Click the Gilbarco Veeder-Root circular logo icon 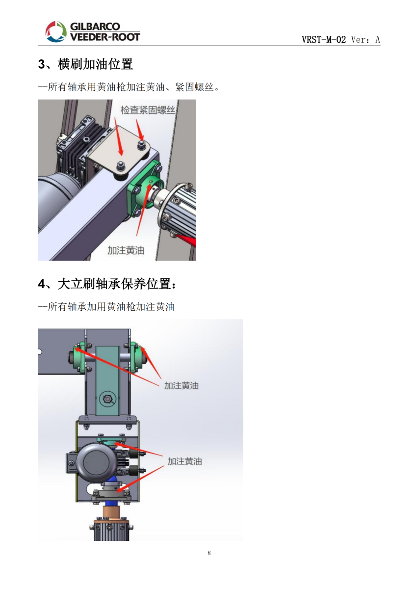(56, 32)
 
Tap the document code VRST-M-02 (323, 39)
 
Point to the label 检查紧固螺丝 (148, 110)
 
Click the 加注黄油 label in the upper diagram (126, 250)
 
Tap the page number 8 (209, 553)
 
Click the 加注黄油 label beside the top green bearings (182, 386)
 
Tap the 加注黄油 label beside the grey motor (184, 461)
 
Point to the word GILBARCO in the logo (95, 27)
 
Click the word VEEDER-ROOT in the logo (105, 37)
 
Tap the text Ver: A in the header (365, 39)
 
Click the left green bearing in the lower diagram (78, 357)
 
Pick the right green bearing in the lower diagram (137, 357)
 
